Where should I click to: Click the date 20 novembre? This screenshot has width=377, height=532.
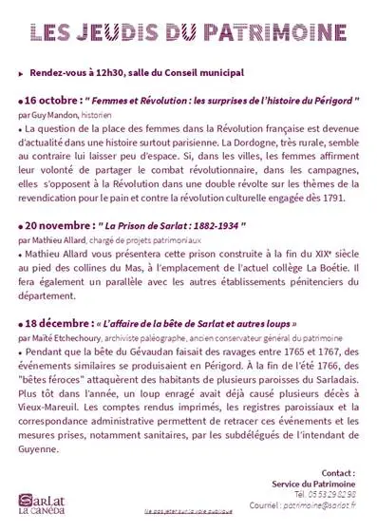(x=54, y=226)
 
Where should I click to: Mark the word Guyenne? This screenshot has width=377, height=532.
(x=42, y=449)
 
